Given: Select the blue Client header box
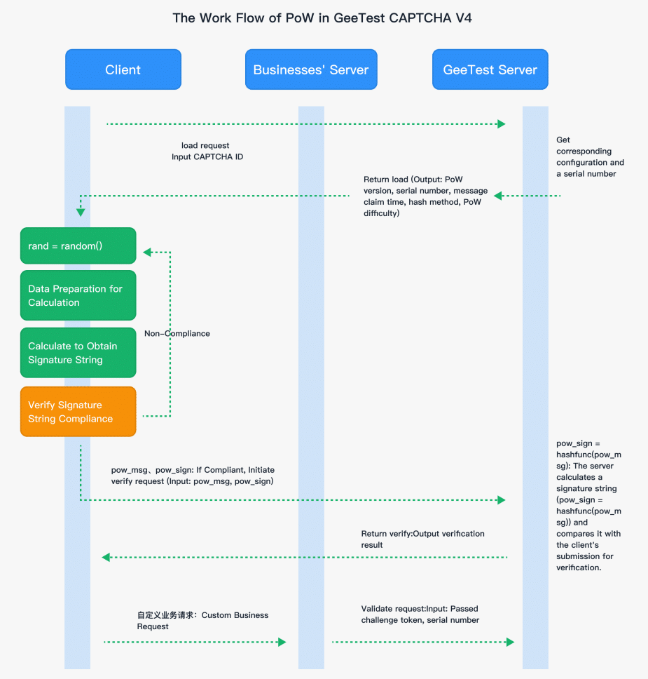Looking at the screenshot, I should point(123,69).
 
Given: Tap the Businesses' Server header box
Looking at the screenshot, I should point(311,69).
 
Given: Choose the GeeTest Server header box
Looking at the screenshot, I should point(490,69).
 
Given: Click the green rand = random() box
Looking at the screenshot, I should point(78,246).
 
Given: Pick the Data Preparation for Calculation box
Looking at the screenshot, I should point(78,295).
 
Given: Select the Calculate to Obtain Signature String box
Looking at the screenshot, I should point(78,353).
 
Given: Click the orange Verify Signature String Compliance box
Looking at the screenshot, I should point(78,412).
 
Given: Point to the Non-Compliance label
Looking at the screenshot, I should point(177,333).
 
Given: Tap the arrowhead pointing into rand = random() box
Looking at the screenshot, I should point(146,251).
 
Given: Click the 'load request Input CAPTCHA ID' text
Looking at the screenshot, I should point(207,152).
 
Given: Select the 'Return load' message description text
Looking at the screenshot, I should point(425,196).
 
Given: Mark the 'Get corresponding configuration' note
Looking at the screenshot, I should point(590,157).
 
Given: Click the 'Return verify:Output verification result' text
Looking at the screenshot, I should point(422,539).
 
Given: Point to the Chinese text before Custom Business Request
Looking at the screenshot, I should point(167,615).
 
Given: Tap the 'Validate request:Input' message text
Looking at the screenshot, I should point(420,614).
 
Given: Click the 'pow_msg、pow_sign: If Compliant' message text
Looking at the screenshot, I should point(193,476).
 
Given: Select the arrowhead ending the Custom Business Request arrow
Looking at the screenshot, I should point(282,642).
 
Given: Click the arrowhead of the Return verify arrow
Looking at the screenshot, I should point(106,558).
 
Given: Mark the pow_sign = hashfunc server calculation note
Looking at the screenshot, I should point(588,505).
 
